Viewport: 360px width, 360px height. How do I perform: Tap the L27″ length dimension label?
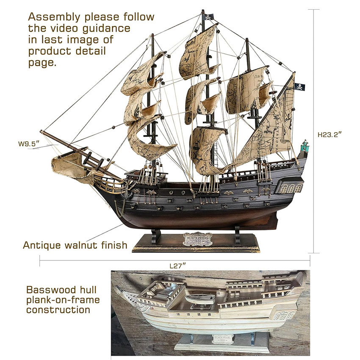pyautogui.click(x=178, y=266)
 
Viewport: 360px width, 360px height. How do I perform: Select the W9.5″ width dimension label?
pyautogui.click(x=28, y=144)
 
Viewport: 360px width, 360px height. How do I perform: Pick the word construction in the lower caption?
pyautogui.click(x=58, y=310)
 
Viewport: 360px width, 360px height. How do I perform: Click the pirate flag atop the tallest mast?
pyautogui.click(x=209, y=17)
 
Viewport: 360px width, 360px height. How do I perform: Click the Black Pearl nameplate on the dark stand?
pyautogui.click(x=197, y=238)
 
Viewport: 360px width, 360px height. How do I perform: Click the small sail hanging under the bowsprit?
pyautogui.click(x=68, y=163)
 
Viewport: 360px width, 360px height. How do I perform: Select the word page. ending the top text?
pyautogui.click(x=42, y=62)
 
